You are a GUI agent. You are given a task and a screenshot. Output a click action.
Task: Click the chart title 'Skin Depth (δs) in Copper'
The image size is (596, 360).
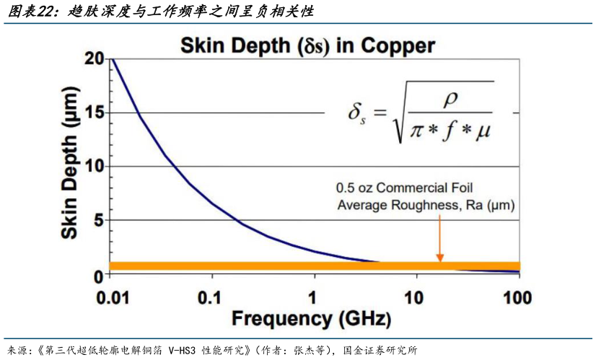307,46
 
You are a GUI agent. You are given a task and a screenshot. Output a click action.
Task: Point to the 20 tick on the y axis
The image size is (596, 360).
95,59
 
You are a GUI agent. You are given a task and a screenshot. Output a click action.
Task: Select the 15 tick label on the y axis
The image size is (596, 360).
95,113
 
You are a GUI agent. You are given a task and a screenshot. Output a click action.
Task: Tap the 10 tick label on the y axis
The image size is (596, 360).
95,167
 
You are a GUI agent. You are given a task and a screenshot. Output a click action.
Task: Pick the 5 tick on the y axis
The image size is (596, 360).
100,220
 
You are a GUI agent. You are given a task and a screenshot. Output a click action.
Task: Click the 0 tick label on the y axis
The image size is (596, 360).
100,274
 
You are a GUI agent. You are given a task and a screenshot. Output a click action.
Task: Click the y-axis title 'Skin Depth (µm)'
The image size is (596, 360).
71,167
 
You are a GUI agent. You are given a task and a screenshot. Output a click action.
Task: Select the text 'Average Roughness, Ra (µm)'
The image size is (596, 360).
426,206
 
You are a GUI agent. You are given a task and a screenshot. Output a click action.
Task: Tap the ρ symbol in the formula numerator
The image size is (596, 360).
451,95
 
